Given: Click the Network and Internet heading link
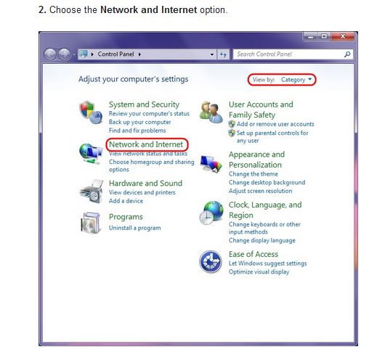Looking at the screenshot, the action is coord(146,144).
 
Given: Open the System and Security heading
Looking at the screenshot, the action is coord(144,105).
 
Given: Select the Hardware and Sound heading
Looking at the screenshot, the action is coord(145,184).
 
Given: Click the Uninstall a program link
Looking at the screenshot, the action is coord(135,228).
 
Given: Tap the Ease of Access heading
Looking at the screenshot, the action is coord(254,254).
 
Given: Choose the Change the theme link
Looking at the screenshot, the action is coord(253,174).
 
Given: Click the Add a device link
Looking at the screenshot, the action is coord(126,201).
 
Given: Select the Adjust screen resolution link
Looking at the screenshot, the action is coord(260,191).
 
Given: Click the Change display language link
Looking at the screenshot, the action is coord(262,240).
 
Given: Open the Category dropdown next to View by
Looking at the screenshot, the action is coord(296,80).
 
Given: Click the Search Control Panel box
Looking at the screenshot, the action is coord(290,54).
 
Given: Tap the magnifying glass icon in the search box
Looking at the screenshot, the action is coord(347,54).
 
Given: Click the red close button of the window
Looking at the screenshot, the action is coord(343,36).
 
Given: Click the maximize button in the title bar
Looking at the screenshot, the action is coord(324,36).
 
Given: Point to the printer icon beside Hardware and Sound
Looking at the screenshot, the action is coord(92,192).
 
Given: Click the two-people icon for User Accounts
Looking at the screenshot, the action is coord(211,112).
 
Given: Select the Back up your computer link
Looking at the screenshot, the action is coord(139,122).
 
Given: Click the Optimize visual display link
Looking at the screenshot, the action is coord(259,271).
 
